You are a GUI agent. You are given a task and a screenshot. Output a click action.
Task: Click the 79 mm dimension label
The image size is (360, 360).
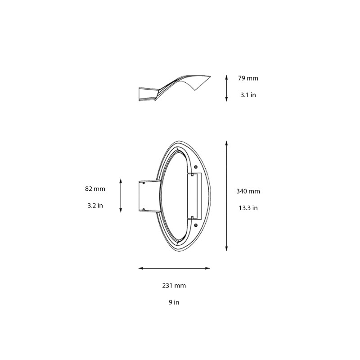[x=248, y=78]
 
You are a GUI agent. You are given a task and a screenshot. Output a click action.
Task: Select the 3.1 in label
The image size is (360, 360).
[x=248, y=95]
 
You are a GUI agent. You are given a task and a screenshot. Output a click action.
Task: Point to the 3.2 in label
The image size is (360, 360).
[x=95, y=205]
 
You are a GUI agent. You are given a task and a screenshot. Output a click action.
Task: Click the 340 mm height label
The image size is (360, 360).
[x=248, y=191]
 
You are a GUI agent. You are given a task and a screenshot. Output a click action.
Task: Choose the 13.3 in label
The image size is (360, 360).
[x=248, y=208]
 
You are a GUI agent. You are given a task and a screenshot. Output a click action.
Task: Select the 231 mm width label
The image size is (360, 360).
[x=174, y=285]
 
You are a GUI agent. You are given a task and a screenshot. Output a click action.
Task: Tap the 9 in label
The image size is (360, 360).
[x=174, y=302]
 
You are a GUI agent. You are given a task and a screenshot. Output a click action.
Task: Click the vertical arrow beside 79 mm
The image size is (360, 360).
[x=226, y=88]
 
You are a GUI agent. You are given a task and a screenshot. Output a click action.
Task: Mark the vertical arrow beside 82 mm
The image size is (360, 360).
[x=120, y=195]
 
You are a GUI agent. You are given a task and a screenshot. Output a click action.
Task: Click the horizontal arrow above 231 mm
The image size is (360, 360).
[x=174, y=268]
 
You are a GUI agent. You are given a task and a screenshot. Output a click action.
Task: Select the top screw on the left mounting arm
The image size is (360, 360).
[x=143, y=183]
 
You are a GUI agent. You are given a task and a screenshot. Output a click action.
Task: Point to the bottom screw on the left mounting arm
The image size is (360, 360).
[x=143, y=209]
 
